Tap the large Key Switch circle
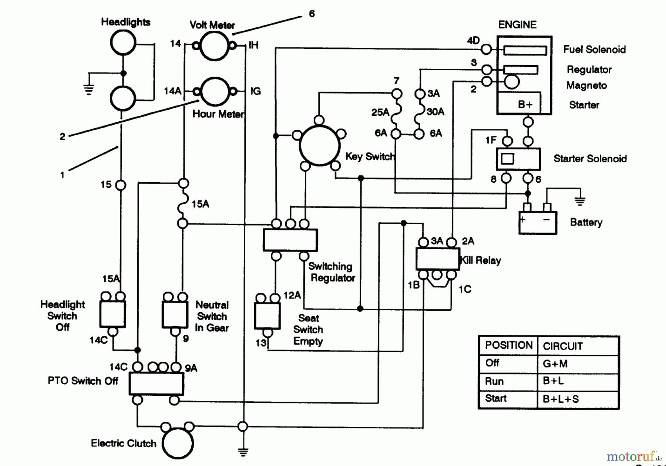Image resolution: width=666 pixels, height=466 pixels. point(319,145)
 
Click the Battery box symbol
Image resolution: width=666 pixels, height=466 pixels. point(538,223)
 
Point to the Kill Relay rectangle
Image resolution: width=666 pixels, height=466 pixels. point(437,259)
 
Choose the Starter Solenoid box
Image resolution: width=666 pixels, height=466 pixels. point(518,159)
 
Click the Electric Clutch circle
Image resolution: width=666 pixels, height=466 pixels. point(178,443)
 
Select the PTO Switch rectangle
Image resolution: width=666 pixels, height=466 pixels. point(156,384)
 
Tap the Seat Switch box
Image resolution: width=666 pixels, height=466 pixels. point(267,316)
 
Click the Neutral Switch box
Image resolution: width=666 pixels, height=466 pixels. point(175,314)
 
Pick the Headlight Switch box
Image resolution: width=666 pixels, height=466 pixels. point(113,314)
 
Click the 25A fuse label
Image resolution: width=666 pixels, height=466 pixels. point(380,112)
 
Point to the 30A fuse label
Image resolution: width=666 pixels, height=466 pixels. point(435,112)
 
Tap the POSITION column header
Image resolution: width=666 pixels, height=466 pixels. point(508,345)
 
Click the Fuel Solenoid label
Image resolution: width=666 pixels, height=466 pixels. point(594,50)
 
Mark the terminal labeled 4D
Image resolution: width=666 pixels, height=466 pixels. point(486,49)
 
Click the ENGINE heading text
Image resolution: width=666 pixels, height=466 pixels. point(517,25)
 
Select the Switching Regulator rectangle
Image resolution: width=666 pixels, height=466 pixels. point(290,240)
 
